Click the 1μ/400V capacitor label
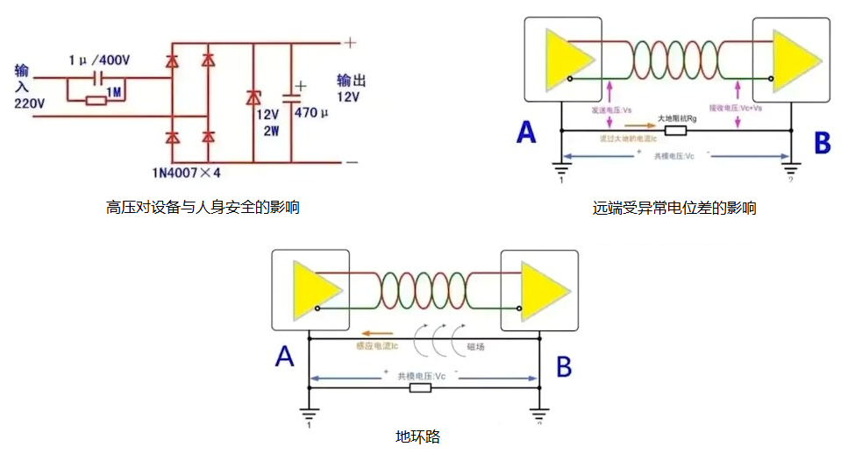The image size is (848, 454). tap(99, 60)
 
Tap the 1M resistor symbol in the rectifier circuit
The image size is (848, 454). tap(97, 100)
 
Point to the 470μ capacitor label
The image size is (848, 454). tap(311, 113)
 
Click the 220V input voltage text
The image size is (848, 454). tap(29, 103)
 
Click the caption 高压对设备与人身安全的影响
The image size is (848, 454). tap(203, 208)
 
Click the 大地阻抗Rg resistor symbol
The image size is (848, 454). tap(675, 131)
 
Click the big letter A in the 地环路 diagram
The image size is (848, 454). tap(284, 357)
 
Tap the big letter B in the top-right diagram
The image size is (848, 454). tap(822, 142)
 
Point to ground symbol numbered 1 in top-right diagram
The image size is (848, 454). tap(559, 170)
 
